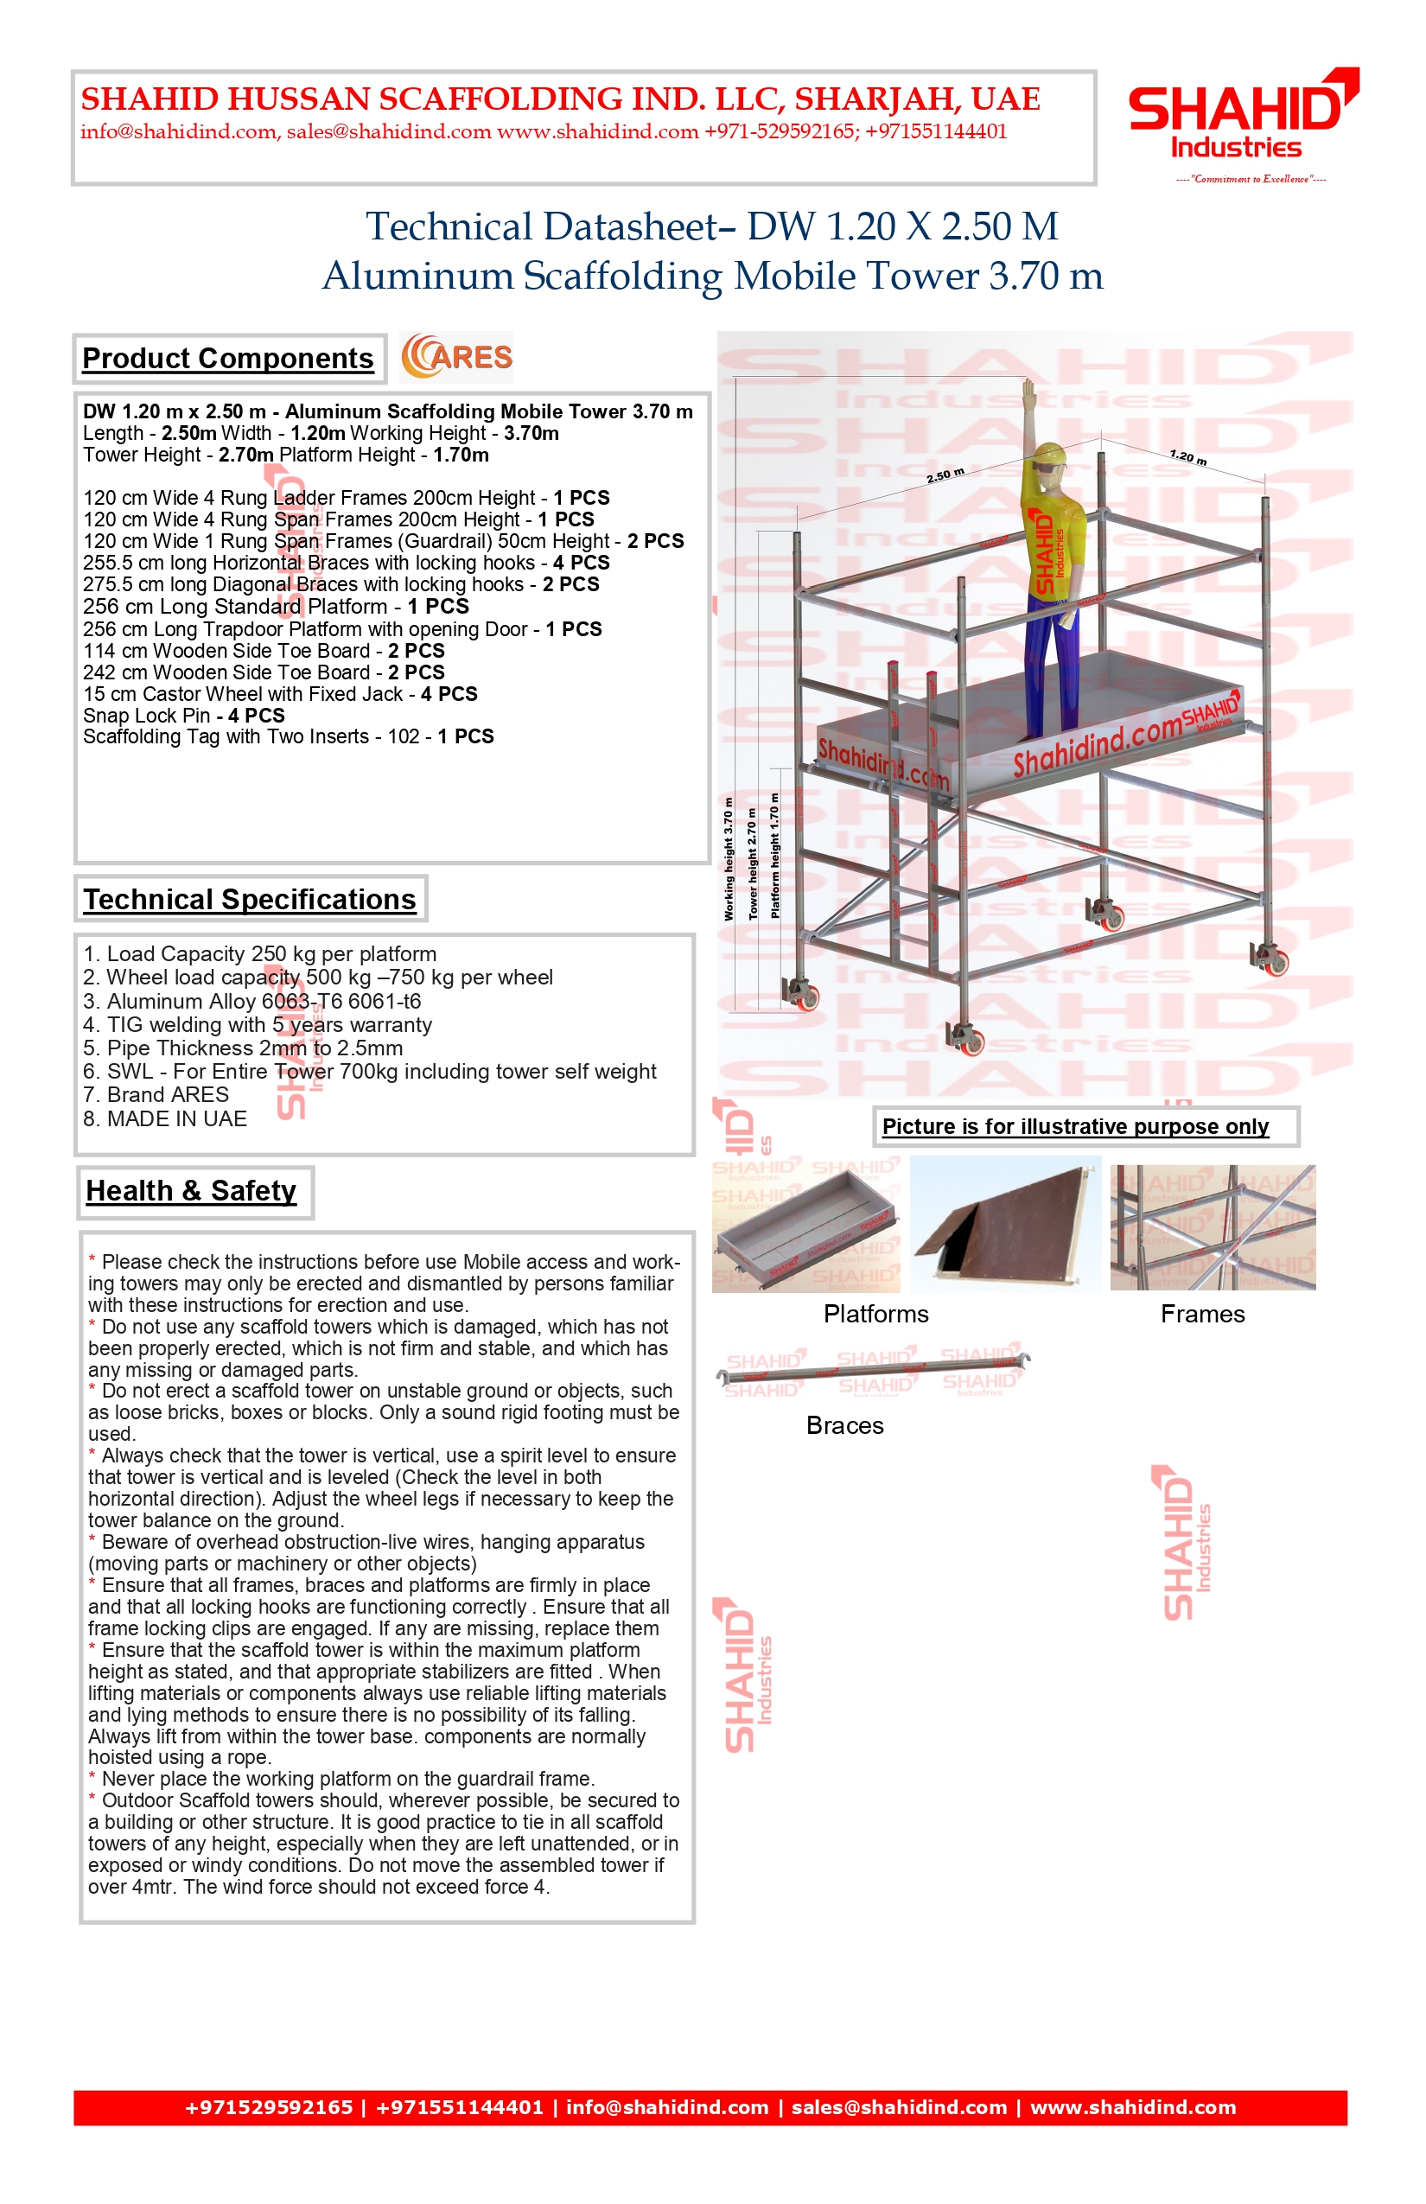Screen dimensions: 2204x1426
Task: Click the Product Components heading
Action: coord(228,359)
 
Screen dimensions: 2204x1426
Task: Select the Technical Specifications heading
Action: coord(249,899)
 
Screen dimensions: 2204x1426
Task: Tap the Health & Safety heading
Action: coord(191,1190)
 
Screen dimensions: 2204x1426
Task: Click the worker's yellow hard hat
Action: coord(1052,455)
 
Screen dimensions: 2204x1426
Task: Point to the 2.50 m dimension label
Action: coord(945,475)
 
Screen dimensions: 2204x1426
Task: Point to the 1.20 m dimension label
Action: coord(1188,456)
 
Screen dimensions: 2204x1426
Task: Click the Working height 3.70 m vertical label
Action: coord(729,858)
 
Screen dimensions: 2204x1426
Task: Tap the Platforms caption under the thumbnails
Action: coord(876,1314)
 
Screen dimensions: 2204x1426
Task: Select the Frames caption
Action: coord(1202,1314)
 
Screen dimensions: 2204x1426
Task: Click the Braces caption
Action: coord(844,1425)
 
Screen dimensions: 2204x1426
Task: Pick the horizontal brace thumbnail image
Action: coord(874,1369)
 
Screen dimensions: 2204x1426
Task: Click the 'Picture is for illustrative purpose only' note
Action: coord(1075,1126)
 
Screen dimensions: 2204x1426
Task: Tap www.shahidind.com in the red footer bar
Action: coord(1132,2107)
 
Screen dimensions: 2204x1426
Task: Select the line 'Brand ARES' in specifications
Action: coord(156,1094)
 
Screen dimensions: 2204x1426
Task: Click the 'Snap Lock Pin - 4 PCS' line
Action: coord(183,715)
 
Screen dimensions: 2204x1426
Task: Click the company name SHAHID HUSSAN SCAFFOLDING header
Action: coord(560,99)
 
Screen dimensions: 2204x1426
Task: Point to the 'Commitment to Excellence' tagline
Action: coord(1250,179)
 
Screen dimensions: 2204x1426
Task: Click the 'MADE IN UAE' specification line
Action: coord(165,1118)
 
